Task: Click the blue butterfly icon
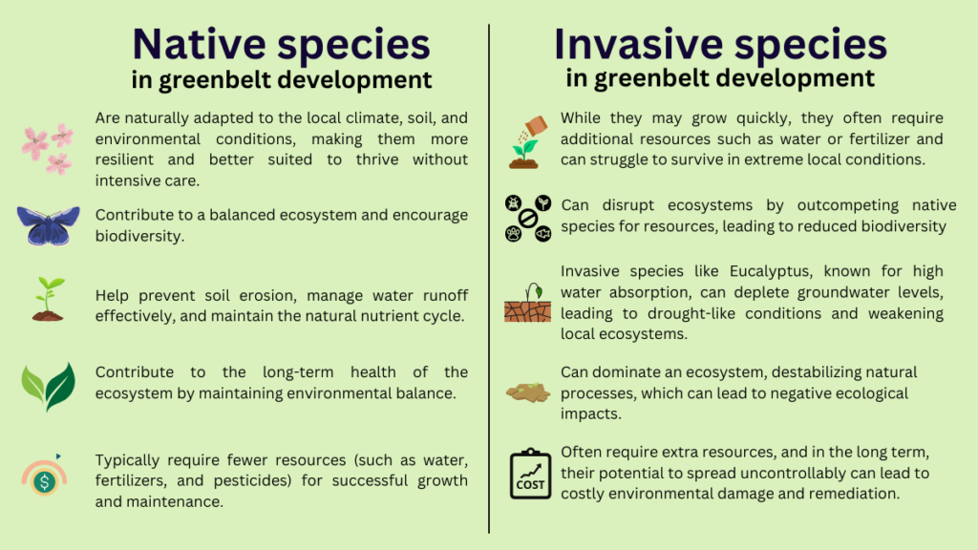click(48, 225)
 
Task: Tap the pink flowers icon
click(48, 148)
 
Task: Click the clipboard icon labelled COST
click(530, 474)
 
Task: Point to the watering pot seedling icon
click(527, 142)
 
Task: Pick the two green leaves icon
click(48, 387)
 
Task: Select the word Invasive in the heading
click(638, 44)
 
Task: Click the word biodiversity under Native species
click(139, 237)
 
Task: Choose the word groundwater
click(805, 293)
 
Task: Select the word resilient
click(124, 159)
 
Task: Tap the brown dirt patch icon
click(527, 392)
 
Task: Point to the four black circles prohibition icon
click(527, 219)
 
